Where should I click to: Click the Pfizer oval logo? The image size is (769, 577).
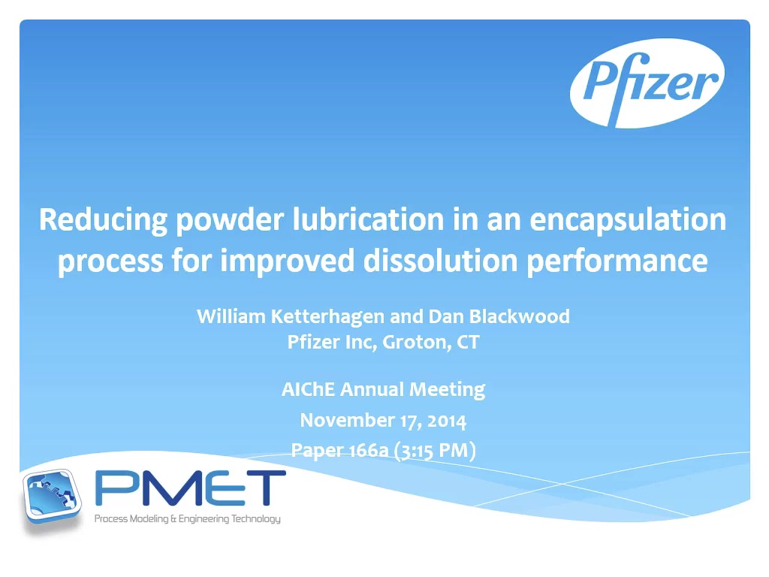(647, 83)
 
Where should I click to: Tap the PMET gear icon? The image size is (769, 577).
(52, 496)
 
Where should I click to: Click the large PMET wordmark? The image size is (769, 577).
(190, 488)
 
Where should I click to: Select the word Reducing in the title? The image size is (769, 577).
(103, 220)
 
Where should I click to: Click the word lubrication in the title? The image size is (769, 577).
(368, 219)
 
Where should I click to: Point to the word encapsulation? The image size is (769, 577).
(628, 220)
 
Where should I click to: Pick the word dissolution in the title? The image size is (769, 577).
(440, 260)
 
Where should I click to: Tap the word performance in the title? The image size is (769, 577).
(617, 261)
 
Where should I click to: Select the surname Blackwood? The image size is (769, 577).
(520, 316)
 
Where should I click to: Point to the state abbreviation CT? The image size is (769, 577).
(468, 342)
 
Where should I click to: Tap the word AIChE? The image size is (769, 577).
(308, 389)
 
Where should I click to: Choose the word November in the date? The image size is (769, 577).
(347, 421)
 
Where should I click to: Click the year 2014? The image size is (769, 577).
(446, 421)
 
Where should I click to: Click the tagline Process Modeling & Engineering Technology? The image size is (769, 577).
(187, 518)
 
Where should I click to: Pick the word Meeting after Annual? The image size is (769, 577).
(448, 390)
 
